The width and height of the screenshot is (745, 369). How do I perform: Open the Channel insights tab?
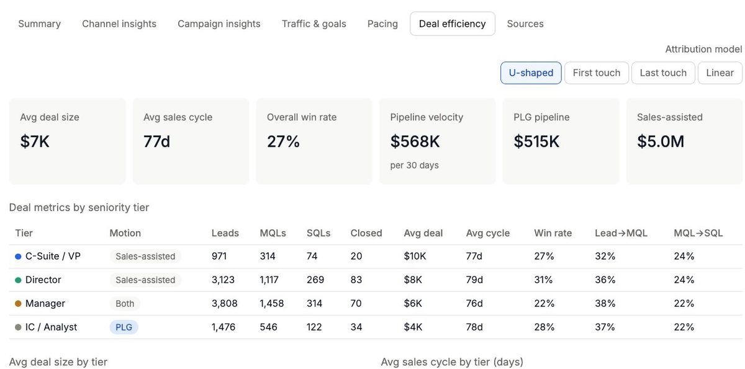[119, 24]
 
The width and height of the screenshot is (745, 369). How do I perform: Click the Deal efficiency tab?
[453, 24]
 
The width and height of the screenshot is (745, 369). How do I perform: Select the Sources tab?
[525, 24]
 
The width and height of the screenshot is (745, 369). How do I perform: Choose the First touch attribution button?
[597, 73]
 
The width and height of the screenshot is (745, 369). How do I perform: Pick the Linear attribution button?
[720, 73]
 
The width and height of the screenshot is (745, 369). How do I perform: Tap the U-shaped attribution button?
[531, 73]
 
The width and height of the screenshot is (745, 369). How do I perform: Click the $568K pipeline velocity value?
[415, 142]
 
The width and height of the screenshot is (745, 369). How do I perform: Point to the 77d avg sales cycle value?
[156, 142]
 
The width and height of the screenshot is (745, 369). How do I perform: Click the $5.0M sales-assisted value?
[661, 142]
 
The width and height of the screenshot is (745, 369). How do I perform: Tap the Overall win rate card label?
[302, 117]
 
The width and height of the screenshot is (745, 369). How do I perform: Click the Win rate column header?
[553, 233]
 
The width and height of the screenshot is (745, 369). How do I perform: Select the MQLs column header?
[273, 233]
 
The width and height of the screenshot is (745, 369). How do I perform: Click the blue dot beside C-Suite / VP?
[18, 256]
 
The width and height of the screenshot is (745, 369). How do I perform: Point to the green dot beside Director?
[18, 280]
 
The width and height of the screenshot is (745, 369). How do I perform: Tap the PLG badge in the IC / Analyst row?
[124, 327]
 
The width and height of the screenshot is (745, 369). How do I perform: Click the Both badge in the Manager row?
[125, 303]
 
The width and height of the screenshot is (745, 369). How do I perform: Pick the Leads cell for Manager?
[225, 303]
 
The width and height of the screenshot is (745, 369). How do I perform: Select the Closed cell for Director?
[356, 280]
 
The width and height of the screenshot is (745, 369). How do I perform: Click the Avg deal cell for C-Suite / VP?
[415, 256]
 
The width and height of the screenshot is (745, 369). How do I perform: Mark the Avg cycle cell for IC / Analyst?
[474, 327]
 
